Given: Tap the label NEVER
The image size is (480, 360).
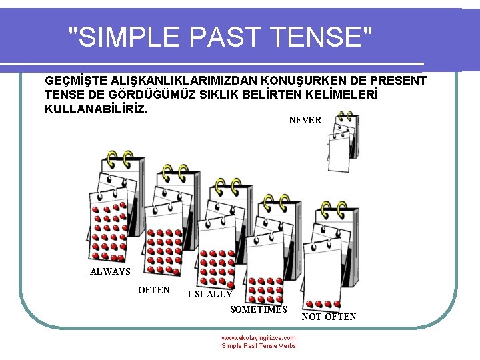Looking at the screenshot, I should [x=305, y=121].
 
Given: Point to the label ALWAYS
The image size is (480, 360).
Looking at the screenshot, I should [x=110, y=271].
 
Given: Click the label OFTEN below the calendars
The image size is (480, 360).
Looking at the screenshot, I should [x=153, y=290].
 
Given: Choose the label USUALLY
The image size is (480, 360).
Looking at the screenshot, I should [x=210, y=294].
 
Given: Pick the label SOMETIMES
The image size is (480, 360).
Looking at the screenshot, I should [x=258, y=309].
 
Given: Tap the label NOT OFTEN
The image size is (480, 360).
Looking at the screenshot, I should [x=329, y=317].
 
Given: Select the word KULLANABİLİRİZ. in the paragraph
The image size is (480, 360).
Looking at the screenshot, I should [x=96, y=108].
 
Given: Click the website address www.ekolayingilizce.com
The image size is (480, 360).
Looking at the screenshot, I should [x=259, y=338].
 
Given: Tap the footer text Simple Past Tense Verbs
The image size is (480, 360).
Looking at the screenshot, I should [x=259, y=346].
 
